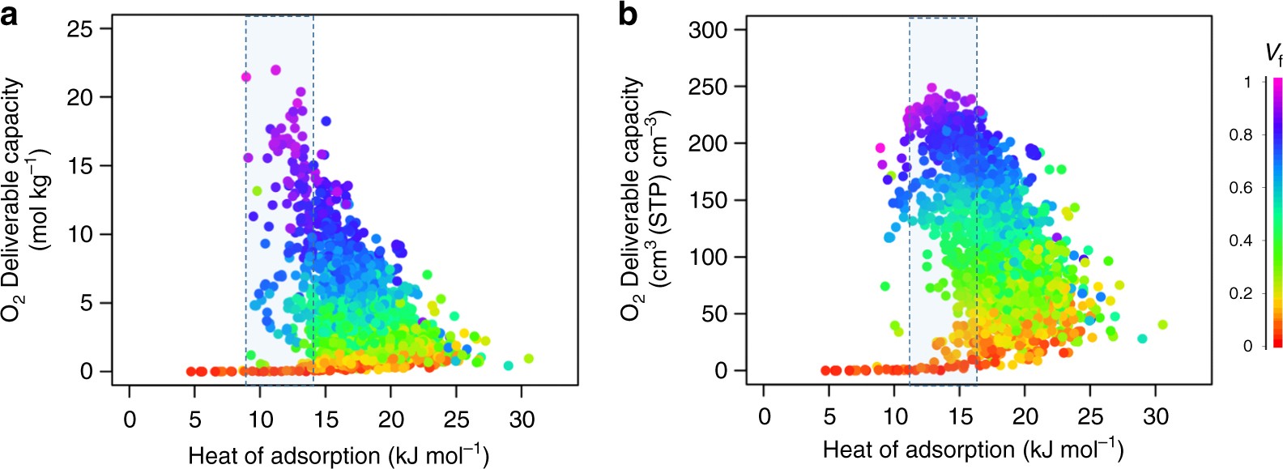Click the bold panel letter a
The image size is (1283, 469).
(9, 14)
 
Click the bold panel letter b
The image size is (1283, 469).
(628, 14)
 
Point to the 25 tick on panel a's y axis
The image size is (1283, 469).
(80, 29)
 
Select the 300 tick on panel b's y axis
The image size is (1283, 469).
(707, 30)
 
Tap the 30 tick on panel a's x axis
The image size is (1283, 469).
(522, 419)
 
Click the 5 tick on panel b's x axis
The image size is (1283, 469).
(829, 417)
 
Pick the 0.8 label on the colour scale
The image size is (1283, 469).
(1241, 135)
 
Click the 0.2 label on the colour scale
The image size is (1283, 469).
(1241, 293)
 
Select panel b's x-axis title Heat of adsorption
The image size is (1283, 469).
(972, 449)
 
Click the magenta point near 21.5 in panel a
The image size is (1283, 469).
(246, 78)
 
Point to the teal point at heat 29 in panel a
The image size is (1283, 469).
(509, 366)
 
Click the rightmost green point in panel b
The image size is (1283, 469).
(1162, 325)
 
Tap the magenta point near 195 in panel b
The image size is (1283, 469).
(880, 148)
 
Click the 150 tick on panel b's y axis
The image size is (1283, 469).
(707, 200)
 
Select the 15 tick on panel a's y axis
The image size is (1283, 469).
(80, 166)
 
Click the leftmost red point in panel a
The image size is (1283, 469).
(191, 371)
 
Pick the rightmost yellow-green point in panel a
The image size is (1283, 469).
(529, 358)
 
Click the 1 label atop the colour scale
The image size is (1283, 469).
(1248, 82)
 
